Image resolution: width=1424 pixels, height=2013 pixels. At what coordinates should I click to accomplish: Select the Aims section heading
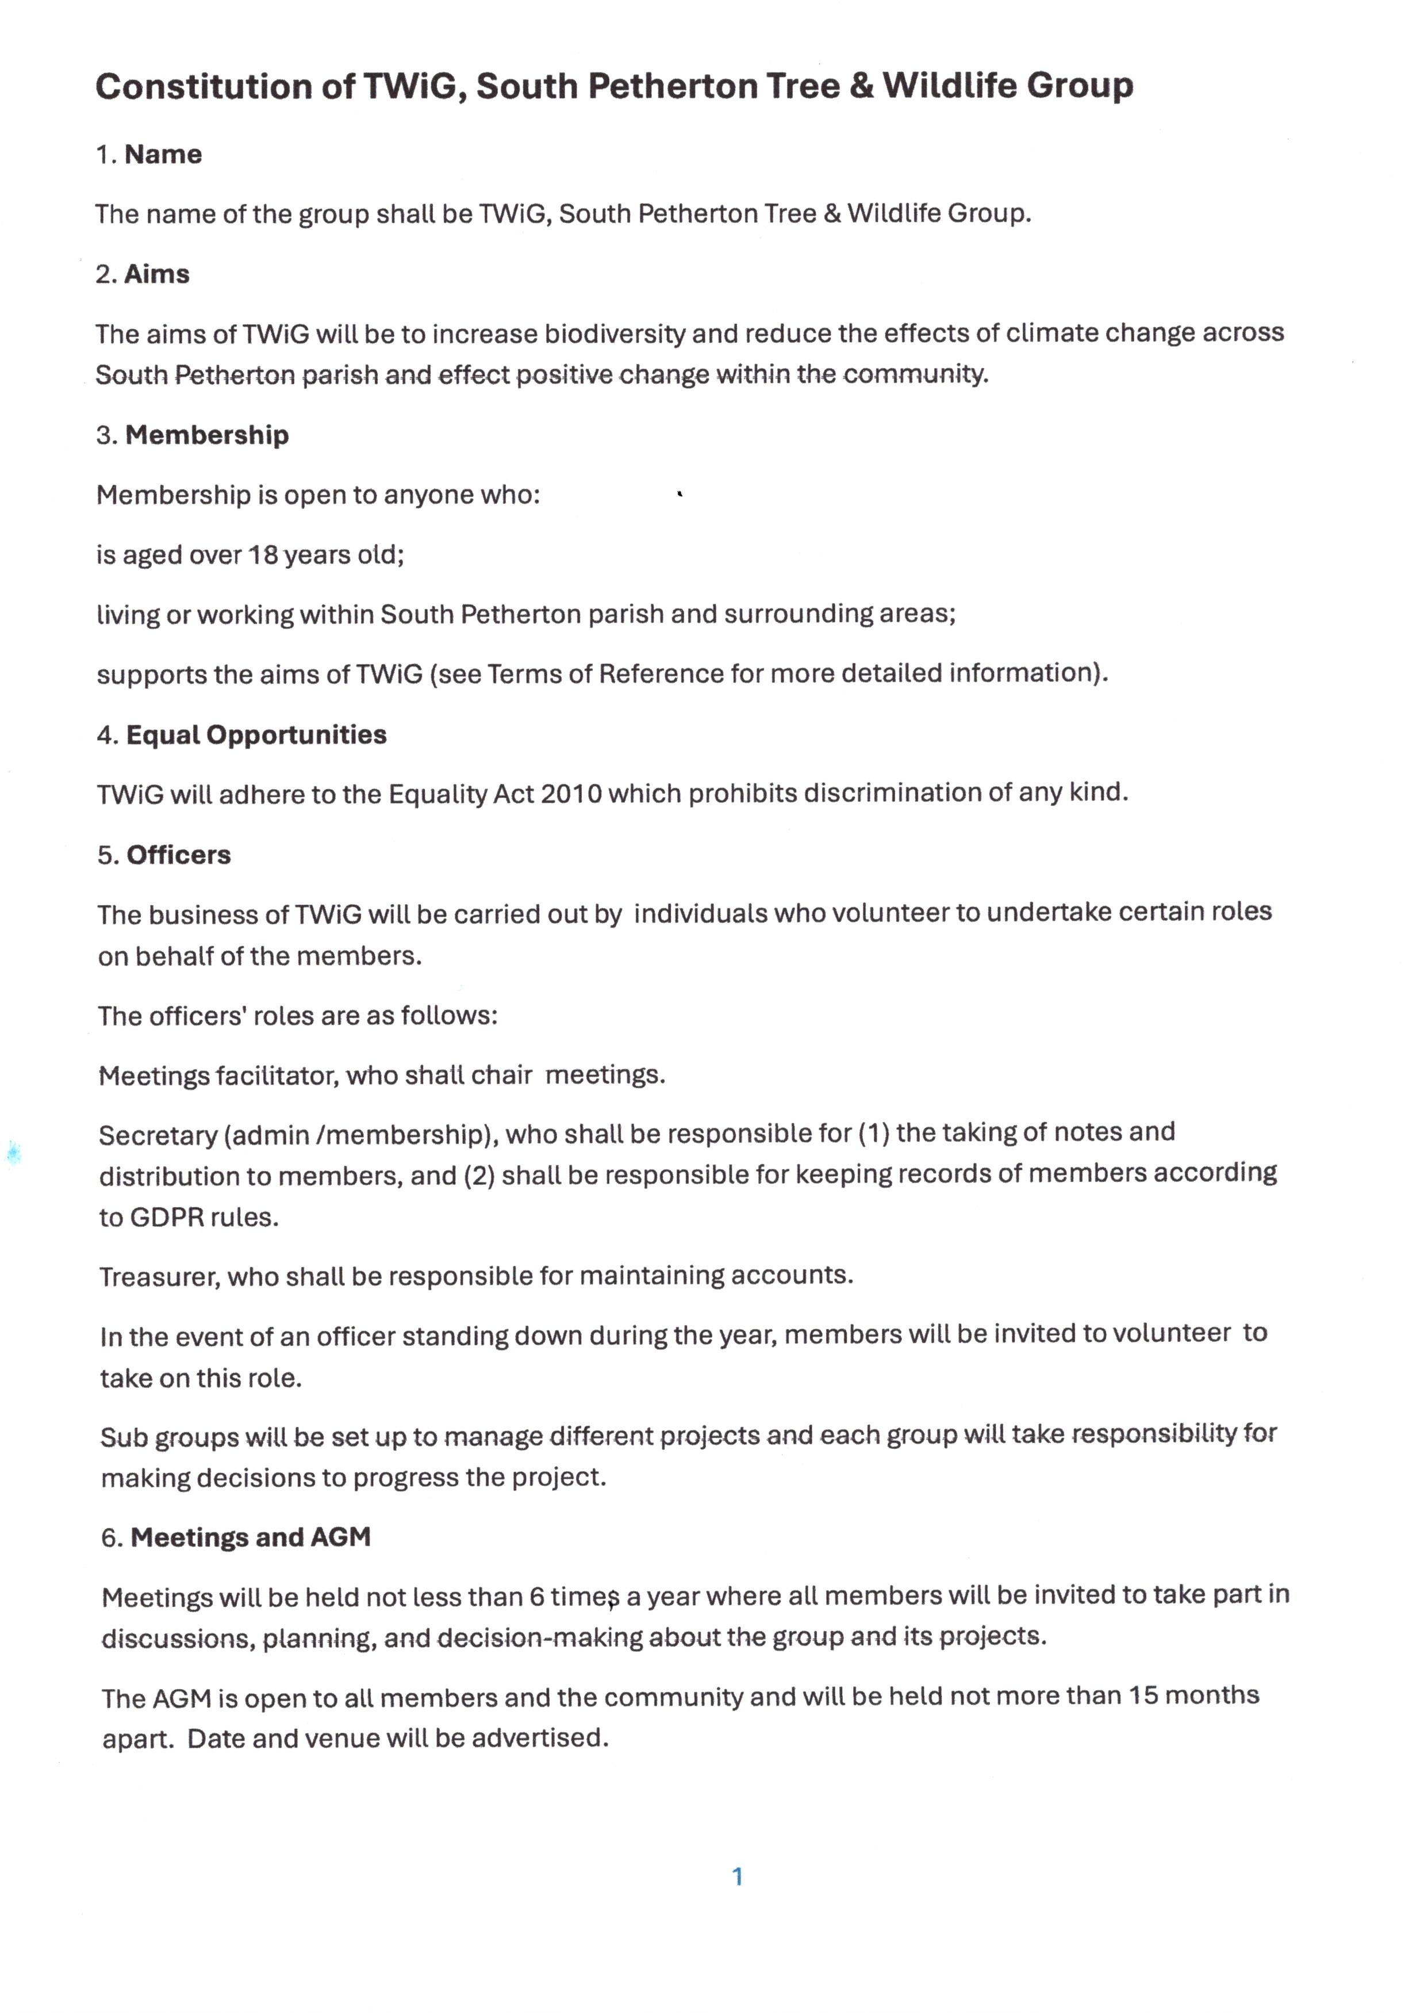[x=157, y=274]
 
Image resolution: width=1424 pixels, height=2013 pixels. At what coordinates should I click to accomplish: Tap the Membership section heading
[x=207, y=435]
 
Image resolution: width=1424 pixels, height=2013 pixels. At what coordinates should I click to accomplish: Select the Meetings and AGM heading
[x=251, y=1537]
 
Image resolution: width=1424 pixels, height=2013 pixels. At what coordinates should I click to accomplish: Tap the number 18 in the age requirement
[x=263, y=555]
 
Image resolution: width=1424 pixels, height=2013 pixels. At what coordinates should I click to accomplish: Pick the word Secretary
[x=158, y=1136]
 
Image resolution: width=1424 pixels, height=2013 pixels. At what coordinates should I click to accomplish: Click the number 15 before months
[x=1143, y=1696]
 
